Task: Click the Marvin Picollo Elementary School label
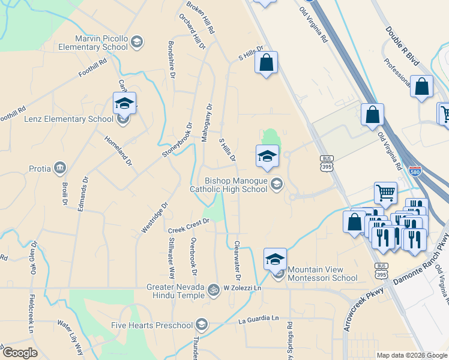[101, 43]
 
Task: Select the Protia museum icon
[60, 167]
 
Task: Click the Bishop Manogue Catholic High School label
[228, 185]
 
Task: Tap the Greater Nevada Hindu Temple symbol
[212, 292]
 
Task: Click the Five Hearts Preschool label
[152, 326]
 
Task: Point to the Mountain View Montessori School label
[322, 274]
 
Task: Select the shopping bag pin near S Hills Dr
[267, 62]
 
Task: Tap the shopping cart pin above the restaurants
[385, 193]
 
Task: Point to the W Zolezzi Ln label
[244, 289]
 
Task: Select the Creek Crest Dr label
[188, 226]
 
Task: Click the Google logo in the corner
[20, 353]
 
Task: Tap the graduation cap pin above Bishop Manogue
[267, 157]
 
